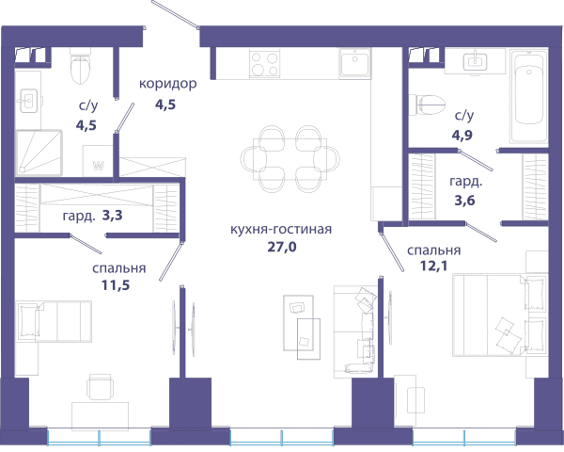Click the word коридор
(x=168, y=84)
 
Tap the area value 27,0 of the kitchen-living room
(x=282, y=247)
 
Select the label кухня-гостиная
(x=281, y=229)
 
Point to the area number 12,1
(x=433, y=266)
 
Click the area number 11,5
(x=116, y=285)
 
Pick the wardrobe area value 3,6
(x=464, y=200)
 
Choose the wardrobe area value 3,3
(x=112, y=216)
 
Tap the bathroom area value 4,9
(x=462, y=135)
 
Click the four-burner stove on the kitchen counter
(x=265, y=64)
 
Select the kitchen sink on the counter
(x=354, y=63)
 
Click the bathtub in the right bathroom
(x=528, y=97)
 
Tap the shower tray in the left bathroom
(x=39, y=153)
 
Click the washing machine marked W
(x=98, y=161)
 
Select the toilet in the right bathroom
(x=428, y=105)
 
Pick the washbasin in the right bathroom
(x=475, y=61)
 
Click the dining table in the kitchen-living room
(x=290, y=159)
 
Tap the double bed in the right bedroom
(x=500, y=315)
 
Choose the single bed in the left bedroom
(x=55, y=321)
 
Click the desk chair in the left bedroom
(x=100, y=387)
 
